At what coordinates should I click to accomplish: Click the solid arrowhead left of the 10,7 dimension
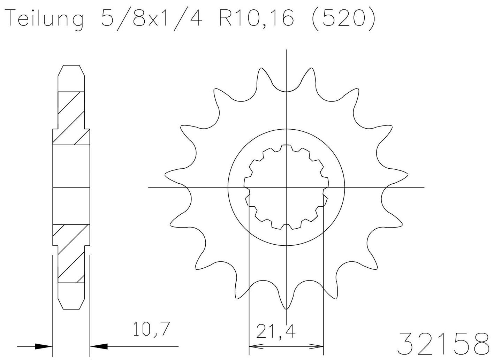point(43,346)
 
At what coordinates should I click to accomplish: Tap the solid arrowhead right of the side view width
point(99,346)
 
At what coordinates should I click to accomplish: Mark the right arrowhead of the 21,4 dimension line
point(317,347)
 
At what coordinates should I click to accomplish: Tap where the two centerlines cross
point(286,187)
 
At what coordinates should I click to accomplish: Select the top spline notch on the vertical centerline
point(286,145)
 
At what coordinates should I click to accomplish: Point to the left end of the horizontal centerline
point(149,187)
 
